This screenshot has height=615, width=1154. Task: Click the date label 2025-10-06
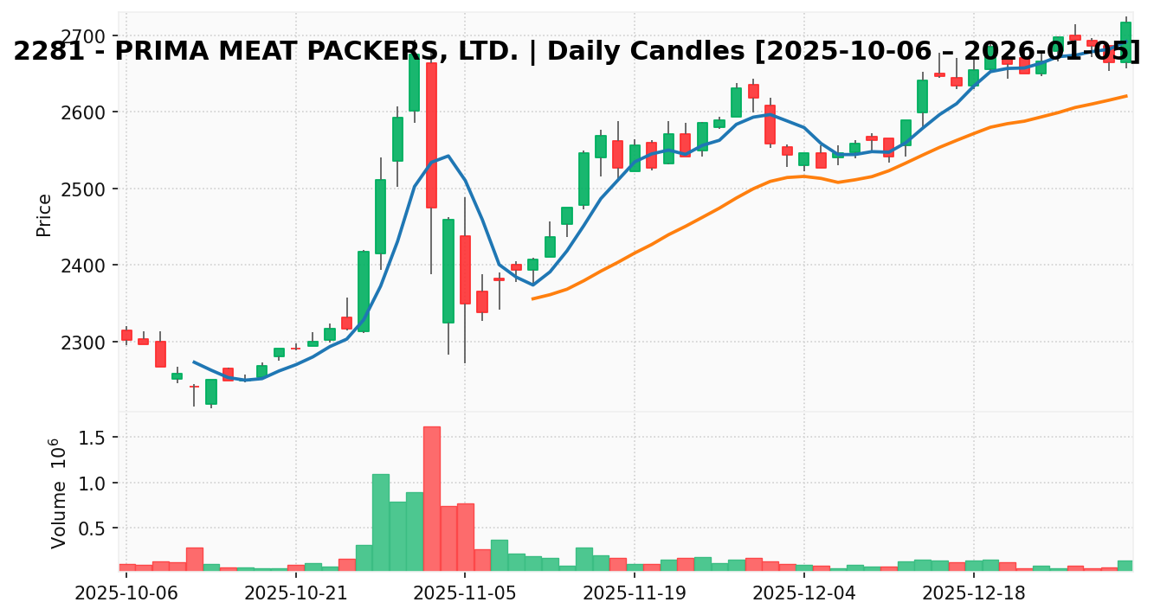tap(126, 594)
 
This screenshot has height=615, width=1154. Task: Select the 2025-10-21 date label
tap(295, 594)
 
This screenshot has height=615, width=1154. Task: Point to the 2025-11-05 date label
tap(465, 594)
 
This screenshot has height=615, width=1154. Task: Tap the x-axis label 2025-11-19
tap(635, 594)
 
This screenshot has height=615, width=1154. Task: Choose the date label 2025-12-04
tap(804, 594)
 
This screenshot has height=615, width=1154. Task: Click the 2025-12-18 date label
tap(973, 594)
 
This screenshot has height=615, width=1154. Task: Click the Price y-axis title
tap(44, 215)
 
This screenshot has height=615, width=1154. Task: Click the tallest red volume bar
tap(431, 498)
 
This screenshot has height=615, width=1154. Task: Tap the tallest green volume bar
tap(381, 522)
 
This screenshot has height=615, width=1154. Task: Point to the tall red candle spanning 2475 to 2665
tap(431, 135)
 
